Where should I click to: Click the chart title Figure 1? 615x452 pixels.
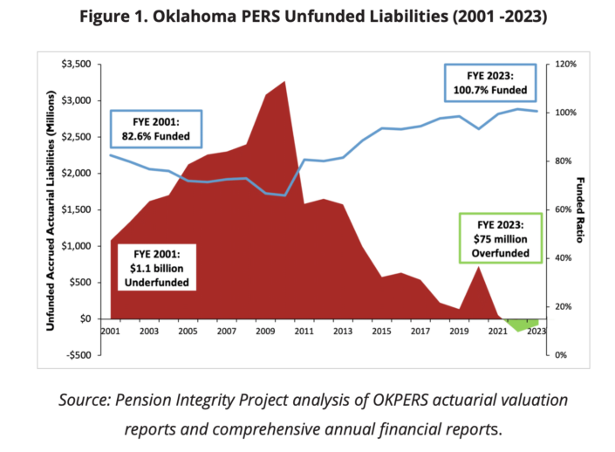click(x=307, y=17)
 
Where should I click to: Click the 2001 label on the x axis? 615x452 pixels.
click(x=111, y=332)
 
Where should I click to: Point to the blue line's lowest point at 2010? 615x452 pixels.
click(x=284, y=195)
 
